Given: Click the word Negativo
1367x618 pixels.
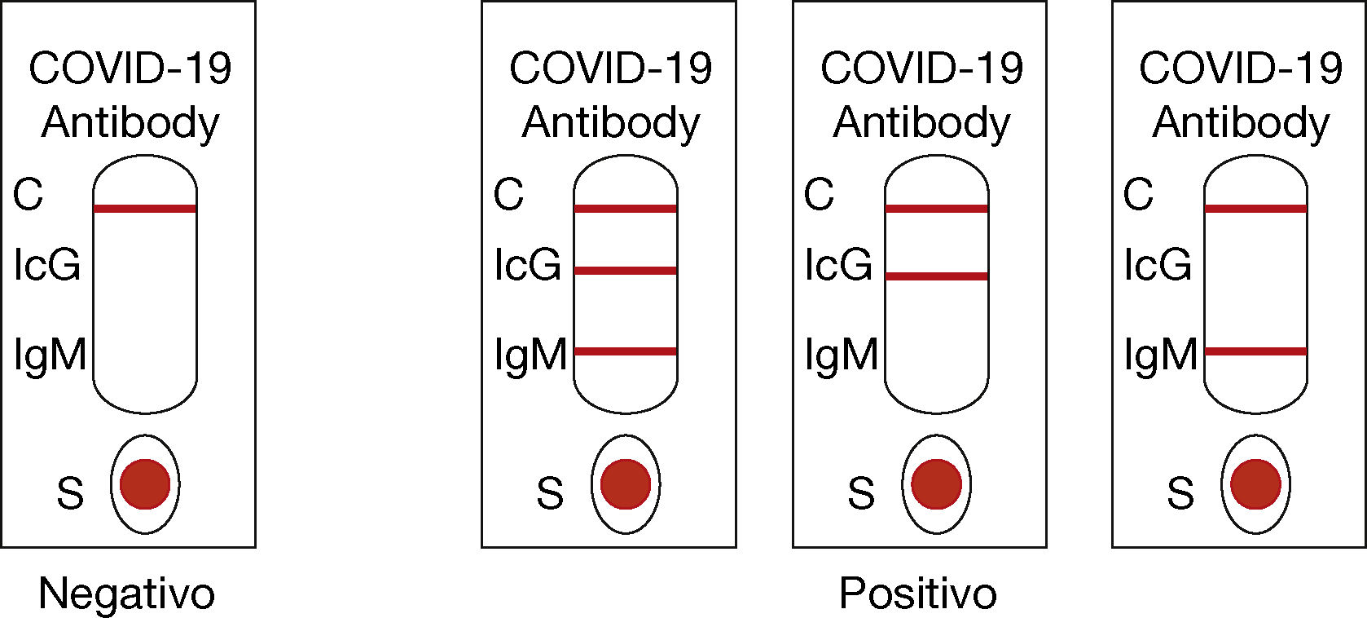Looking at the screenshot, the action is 126,594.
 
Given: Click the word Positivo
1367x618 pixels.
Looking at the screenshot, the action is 917,594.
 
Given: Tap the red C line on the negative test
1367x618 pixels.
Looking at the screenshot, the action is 145,209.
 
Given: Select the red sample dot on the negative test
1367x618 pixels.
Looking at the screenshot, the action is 145,483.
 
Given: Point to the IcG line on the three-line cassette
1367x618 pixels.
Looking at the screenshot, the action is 626,271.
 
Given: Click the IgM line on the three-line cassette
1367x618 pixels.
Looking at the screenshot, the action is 626,351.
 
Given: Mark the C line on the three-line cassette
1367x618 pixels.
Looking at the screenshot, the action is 626,209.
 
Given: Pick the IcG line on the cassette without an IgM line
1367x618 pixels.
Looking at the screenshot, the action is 936,276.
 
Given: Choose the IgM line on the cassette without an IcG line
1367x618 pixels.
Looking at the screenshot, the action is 1255,351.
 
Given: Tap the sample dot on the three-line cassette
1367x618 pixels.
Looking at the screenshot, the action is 626,483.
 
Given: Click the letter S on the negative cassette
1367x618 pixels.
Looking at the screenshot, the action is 70,493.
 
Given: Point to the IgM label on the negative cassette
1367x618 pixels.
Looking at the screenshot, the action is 50,355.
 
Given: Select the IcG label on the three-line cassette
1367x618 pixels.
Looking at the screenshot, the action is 528,265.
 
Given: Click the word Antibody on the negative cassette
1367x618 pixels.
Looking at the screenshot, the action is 130,123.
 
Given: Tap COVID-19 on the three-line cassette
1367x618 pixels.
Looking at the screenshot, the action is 610,68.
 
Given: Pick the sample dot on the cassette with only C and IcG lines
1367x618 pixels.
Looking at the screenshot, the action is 936,483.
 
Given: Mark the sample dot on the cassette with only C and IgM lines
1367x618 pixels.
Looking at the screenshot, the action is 1255,483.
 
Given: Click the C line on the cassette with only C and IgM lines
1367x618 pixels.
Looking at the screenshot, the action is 1255,209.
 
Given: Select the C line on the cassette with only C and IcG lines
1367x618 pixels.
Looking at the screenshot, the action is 936,209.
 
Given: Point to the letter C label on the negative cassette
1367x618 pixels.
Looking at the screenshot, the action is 28,195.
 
